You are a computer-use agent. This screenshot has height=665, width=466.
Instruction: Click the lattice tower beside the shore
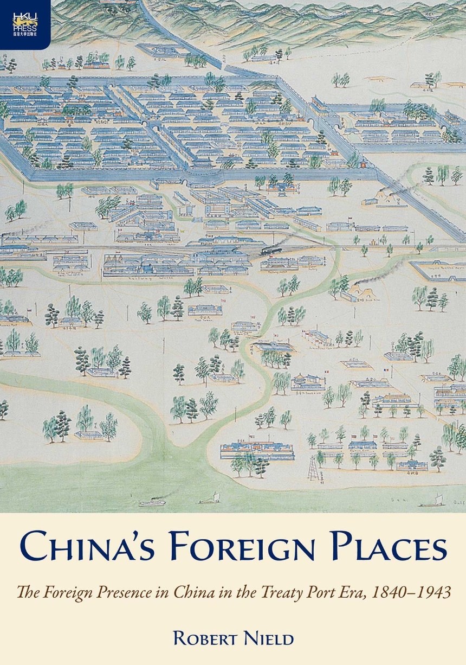point(313,467)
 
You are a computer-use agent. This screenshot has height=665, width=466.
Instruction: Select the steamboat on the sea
point(151,503)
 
